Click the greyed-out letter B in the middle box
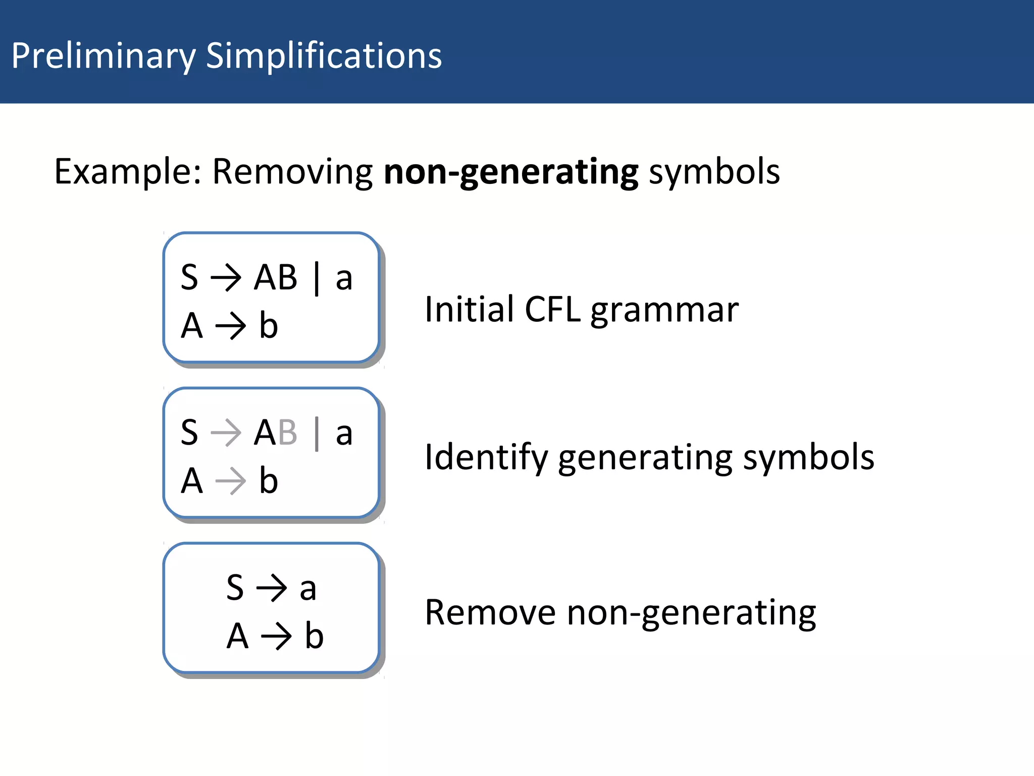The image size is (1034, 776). coord(287,432)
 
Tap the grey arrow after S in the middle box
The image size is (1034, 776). coord(226,432)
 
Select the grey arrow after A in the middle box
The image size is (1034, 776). coord(230,481)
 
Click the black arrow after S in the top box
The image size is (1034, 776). coord(226,277)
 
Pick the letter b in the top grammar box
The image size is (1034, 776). coord(269,325)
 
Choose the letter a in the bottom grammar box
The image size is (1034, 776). coord(308,589)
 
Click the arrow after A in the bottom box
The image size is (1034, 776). coord(276,636)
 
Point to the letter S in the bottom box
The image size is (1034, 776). coord(235,588)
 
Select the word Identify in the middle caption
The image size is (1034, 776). coord(486,458)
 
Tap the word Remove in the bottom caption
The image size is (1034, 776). coord(490,613)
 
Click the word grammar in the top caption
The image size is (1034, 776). coord(664,311)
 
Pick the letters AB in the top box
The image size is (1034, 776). coord(276,277)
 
